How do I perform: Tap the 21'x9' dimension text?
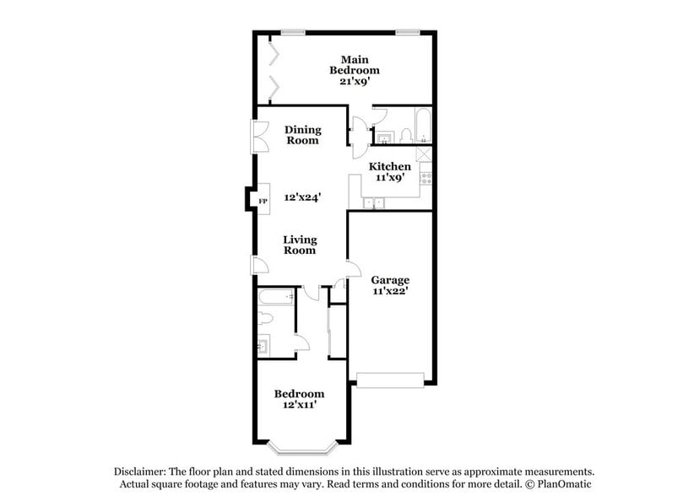click(355, 83)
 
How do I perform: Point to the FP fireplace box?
click(263, 201)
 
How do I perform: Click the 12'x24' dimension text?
click(301, 197)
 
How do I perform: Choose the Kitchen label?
click(391, 167)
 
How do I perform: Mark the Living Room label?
click(299, 245)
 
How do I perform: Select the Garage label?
click(390, 280)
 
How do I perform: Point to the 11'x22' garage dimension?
click(390, 292)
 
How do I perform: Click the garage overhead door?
click(390, 379)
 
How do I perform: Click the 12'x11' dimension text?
click(299, 406)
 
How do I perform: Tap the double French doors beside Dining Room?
click(255, 136)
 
